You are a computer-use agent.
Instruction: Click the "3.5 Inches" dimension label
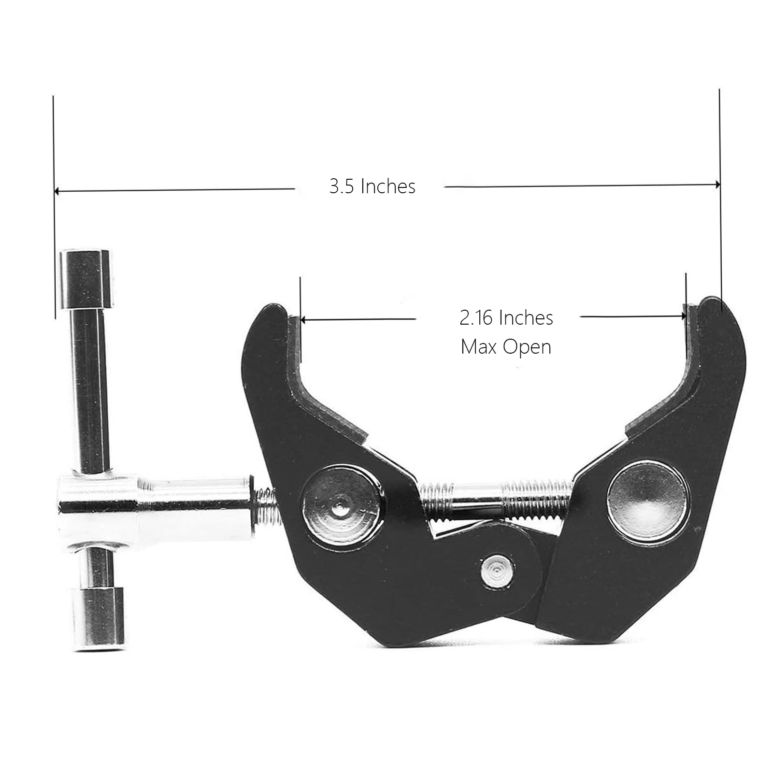(372, 186)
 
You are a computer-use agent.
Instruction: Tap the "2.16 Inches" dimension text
(506, 317)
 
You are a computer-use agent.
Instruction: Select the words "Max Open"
(506, 347)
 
